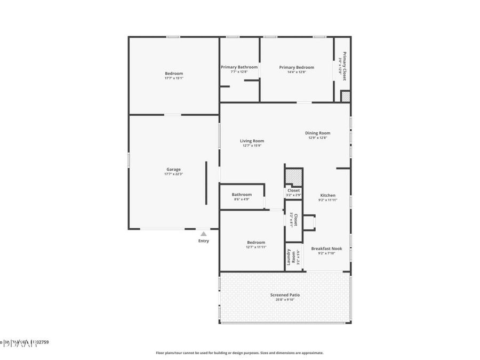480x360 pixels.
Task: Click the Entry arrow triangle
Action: [x=203, y=234]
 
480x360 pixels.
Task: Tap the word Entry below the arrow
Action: [x=204, y=241]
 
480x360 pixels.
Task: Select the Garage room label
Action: [x=173, y=169]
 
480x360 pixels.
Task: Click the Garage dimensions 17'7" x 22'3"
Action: [x=173, y=174]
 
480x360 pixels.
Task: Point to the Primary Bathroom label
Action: [x=239, y=67]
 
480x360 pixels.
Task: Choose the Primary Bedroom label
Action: [x=297, y=67]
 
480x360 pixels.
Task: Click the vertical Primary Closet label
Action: [x=345, y=66]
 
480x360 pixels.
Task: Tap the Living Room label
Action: [x=252, y=141]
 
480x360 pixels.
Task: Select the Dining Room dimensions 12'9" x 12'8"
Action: [x=318, y=138]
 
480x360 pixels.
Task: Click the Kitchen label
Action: [x=327, y=195]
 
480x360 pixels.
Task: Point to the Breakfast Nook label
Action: [x=326, y=249]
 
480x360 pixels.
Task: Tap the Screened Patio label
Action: [x=285, y=294]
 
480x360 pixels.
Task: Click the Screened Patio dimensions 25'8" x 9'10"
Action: [x=285, y=300]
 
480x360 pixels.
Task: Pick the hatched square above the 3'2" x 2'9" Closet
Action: [x=293, y=177]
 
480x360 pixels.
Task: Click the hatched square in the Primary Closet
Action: [x=346, y=97]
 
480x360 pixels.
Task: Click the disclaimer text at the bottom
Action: [x=239, y=353]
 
